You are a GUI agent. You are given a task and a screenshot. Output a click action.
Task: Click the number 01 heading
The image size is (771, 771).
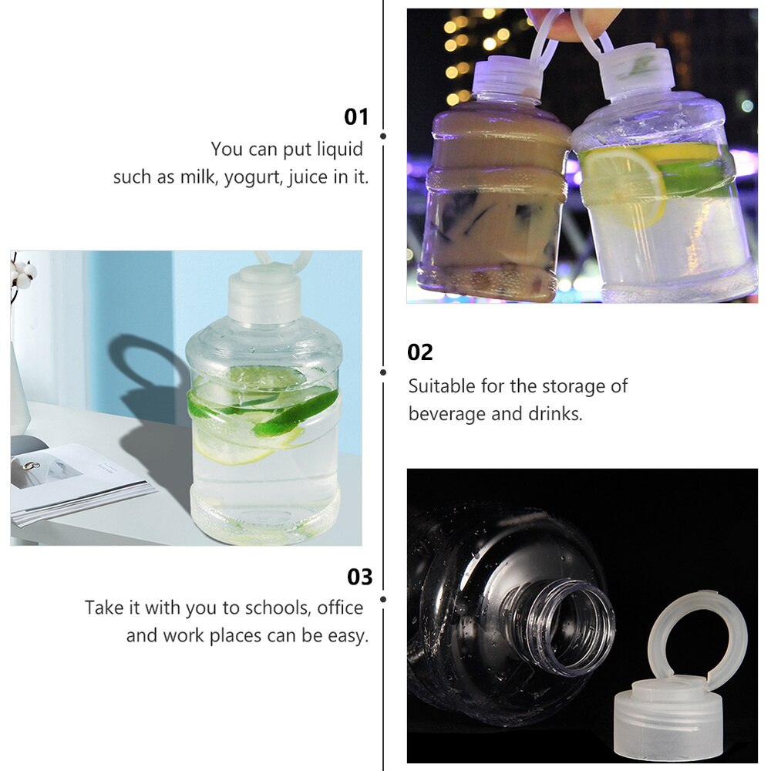[356, 117]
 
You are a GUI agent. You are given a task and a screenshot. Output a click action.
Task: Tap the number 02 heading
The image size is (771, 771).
[420, 352]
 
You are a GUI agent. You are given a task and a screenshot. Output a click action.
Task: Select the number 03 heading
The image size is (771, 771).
[360, 577]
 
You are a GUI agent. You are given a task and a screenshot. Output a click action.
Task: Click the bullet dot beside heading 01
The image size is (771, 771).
[383, 136]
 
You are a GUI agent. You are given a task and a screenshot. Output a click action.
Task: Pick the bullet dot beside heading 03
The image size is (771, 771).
[383, 599]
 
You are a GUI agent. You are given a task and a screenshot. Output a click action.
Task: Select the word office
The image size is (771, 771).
[340, 608]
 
